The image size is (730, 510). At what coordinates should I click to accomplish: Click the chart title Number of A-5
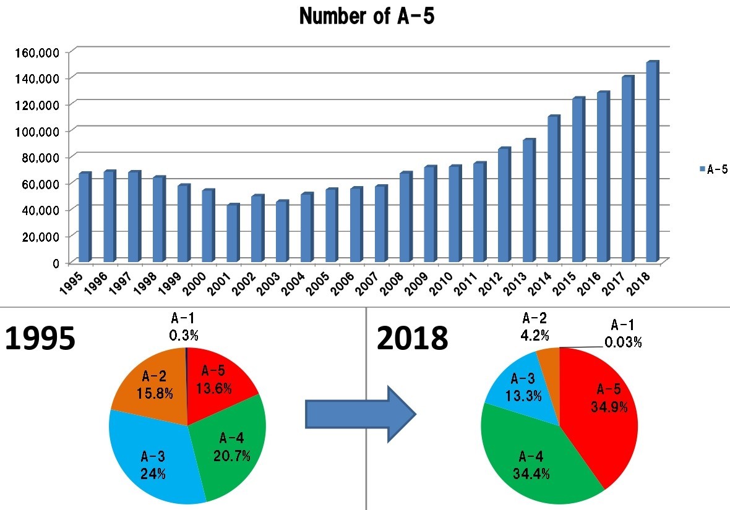(x=366, y=17)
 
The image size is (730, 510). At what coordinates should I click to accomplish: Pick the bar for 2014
(x=553, y=188)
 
